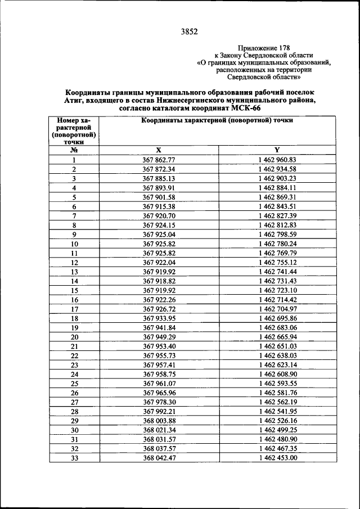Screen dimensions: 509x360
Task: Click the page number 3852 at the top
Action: (x=189, y=31)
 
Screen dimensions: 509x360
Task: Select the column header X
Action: (x=159, y=150)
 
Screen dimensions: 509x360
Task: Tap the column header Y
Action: (x=277, y=150)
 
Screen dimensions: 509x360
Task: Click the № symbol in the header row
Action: (x=74, y=150)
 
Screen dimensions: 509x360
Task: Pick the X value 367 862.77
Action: (x=159, y=160)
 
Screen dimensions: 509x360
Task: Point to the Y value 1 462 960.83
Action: (x=277, y=160)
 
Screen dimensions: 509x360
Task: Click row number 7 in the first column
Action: (x=74, y=215)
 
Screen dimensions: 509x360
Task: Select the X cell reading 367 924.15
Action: (x=159, y=224)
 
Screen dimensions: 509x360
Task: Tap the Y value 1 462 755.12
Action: (x=277, y=262)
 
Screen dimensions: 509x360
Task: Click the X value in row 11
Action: (x=159, y=253)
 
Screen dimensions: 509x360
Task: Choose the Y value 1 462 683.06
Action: (x=277, y=327)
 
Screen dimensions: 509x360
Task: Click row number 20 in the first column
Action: (x=74, y=336)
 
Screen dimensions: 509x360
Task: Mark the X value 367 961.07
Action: (x=159, y=383)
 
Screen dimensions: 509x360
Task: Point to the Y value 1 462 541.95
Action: (x=277, y=411)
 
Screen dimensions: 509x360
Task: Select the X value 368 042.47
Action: (x=159, y=457)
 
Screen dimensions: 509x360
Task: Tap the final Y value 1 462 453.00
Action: (x=277, y=457)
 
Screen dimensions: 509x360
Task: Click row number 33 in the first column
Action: (x=74, y=457)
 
